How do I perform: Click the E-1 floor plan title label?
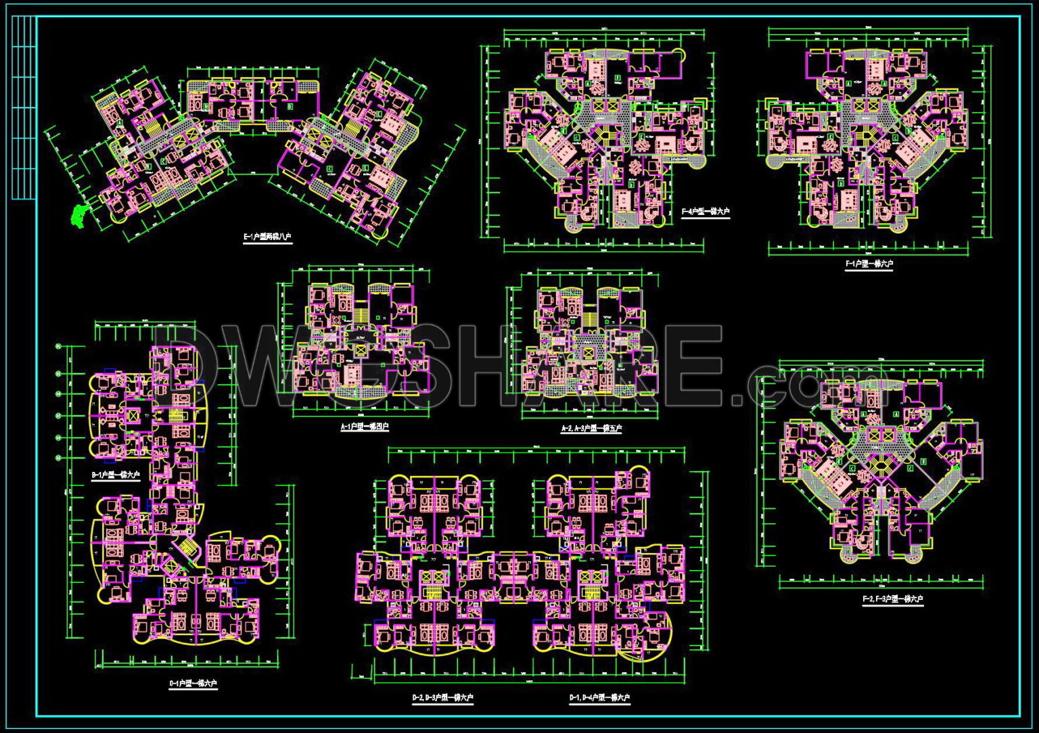[x=267, y=237]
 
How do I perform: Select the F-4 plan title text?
[x=706, y=212]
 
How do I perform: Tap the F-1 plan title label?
[x=869, y=264]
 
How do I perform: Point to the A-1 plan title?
[x=365, y=427]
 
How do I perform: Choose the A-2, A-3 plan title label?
[x=591, y=429]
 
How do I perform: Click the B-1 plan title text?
[x=116, y=475]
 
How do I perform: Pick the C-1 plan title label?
[x=193, y=684]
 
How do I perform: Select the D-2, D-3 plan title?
[x=442, y=698]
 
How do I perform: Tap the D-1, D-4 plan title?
[x=599, y=698]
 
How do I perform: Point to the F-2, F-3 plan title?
[x=892, y=599]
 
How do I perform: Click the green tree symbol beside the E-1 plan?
[x=78, y=215]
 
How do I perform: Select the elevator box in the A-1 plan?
[x=361, y=351]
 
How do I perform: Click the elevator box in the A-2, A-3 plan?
[x=586, y=352]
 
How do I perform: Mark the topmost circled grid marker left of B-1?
[x=59, y=347]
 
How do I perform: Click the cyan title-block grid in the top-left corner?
[x=24, y=108]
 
